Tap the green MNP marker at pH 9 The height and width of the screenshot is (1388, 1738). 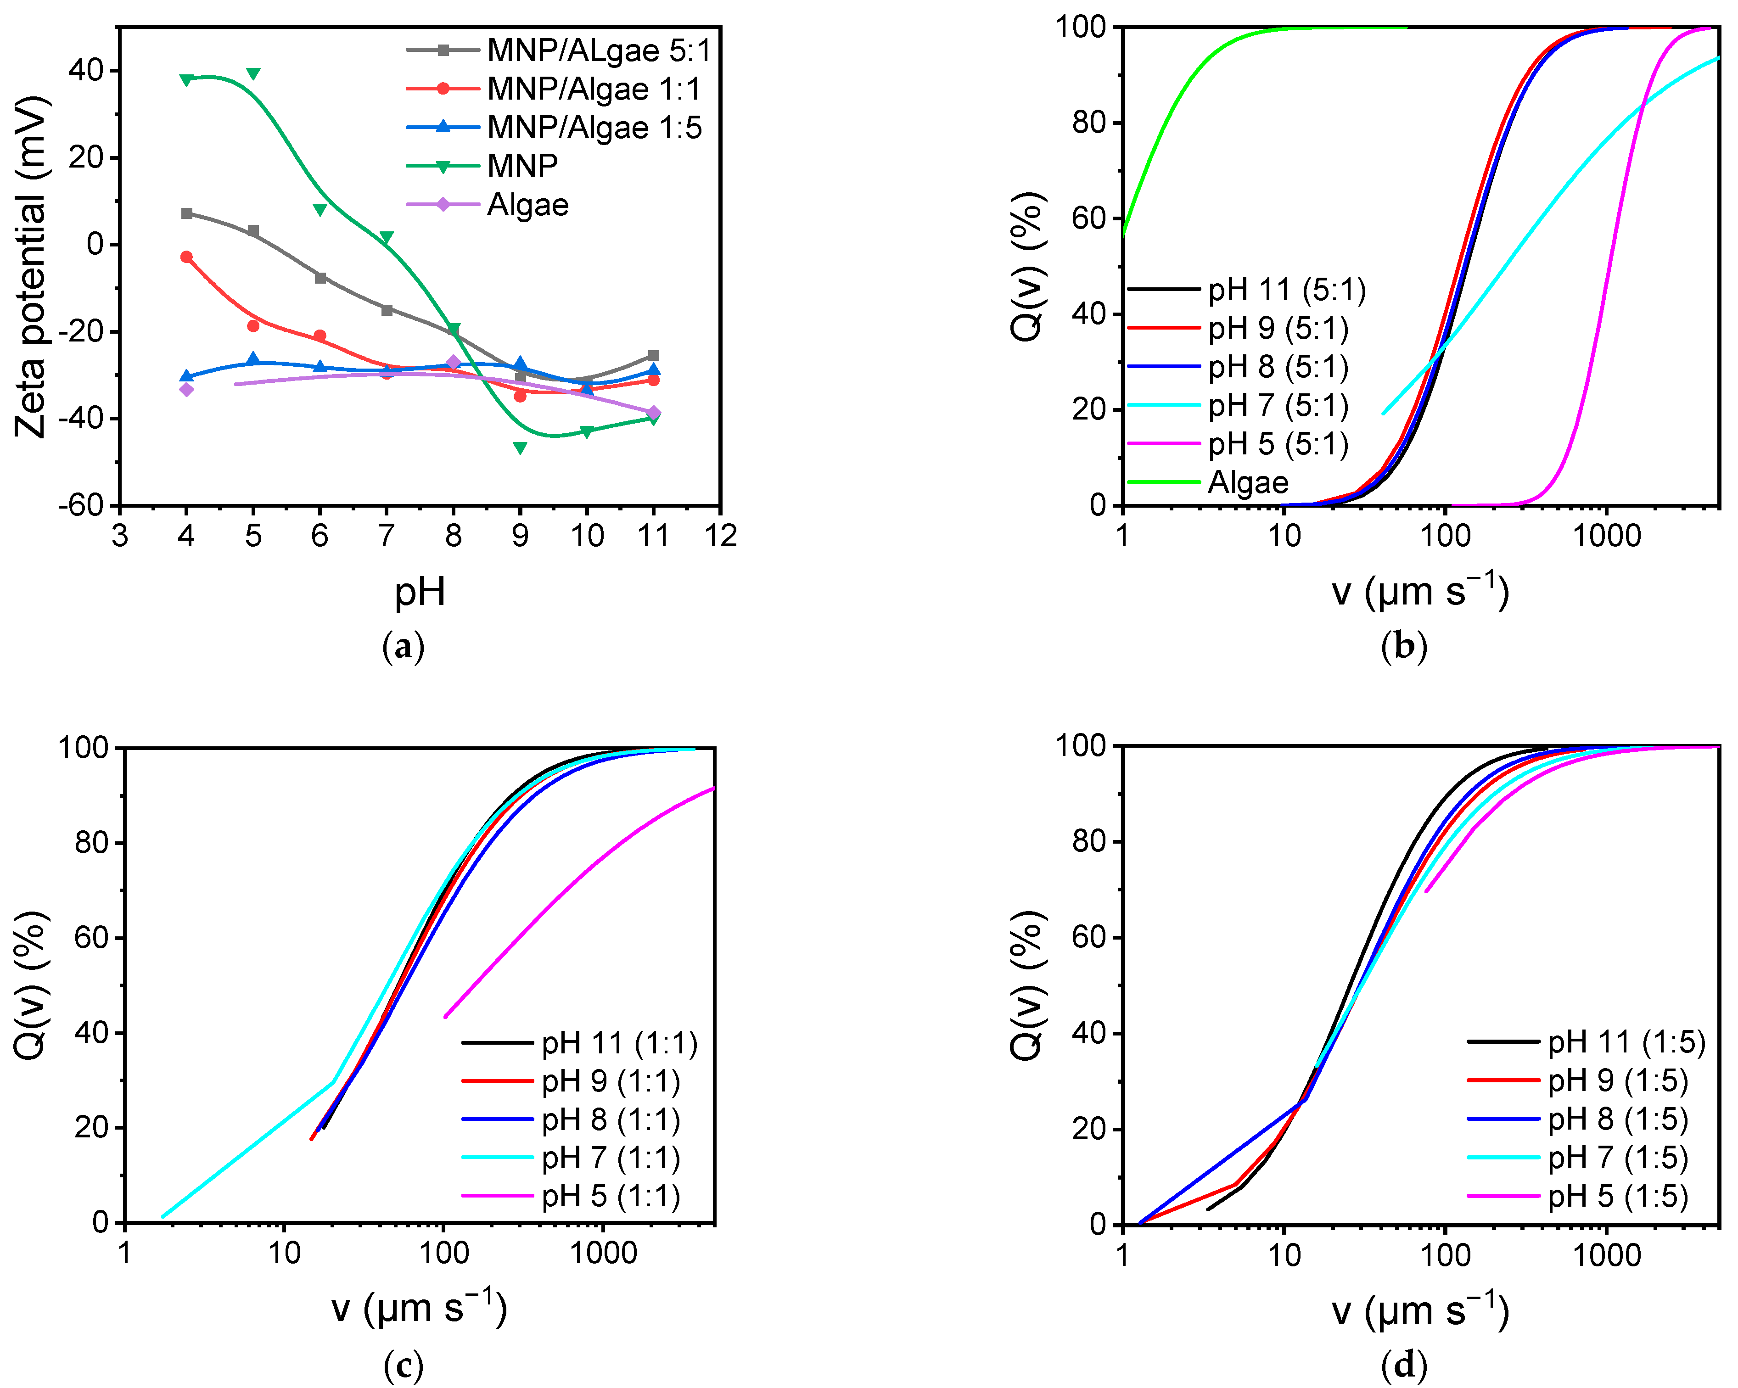click(520, 448)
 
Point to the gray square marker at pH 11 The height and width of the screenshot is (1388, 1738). click(654, 355)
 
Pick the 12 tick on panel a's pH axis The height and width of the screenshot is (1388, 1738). click(720, 535)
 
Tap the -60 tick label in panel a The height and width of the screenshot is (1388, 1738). click(81, 505)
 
